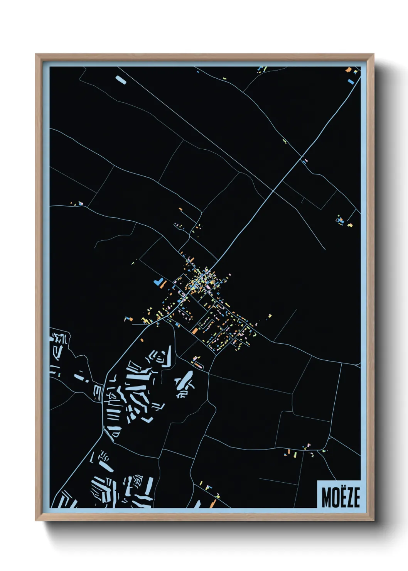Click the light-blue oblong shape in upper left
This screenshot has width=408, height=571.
tap(121, 80)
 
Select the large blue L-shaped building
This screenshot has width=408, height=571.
tap(158, 281)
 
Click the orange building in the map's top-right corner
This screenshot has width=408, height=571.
tap(349, 70)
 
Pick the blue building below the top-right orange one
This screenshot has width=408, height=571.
tap(351, 81)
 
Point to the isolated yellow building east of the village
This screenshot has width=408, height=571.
tap(270, 316)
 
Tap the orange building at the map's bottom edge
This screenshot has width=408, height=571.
tap(213, 503)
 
